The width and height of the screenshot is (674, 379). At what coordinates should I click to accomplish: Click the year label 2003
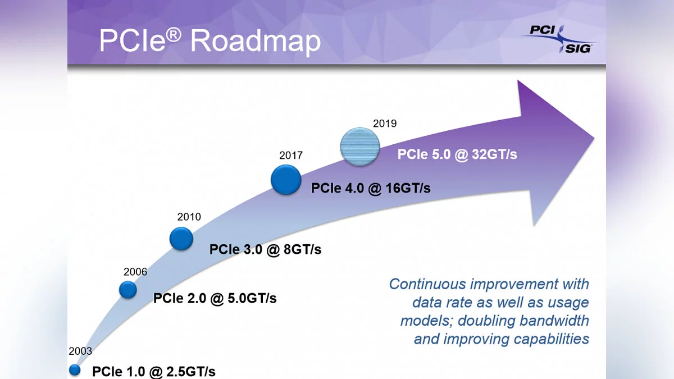click(x=80, y=351)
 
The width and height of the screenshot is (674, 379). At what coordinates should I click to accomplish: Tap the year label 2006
click(x=135, y=272)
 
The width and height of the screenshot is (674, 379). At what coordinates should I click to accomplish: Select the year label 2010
click(x=189, y=217)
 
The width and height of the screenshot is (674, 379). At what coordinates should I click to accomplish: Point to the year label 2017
click(x=291, y=155)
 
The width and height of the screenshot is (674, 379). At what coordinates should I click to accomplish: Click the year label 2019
click(x=385, y=124)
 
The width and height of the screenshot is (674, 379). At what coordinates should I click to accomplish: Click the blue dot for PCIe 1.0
click(x=75, y=370)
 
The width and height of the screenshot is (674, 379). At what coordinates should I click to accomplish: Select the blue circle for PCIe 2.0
click(x=128, y=290)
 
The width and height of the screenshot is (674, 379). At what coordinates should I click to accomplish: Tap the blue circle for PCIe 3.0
click(x=181, y=239)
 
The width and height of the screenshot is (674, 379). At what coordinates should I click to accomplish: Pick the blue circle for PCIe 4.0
click(x=286, y=180)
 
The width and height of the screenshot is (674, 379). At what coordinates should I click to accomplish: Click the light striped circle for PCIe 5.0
click(x=360, y=147)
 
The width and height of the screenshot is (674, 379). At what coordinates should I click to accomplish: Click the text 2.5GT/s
click(x=191, y=372)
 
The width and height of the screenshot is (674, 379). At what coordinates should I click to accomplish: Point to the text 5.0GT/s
click(x=252, y=298)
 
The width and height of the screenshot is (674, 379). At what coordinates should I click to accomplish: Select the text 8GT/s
click(x=302, y=249)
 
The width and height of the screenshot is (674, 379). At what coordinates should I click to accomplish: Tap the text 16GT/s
click(x=408, y=188)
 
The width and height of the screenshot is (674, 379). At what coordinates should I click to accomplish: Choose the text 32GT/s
click(x=494, y=154)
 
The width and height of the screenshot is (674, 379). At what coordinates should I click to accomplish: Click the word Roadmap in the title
click(x=256, y=41)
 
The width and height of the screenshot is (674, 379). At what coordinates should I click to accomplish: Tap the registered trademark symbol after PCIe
click(x=174, y=35)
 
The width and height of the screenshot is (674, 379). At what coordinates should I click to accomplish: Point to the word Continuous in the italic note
click(x=427, y=284)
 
